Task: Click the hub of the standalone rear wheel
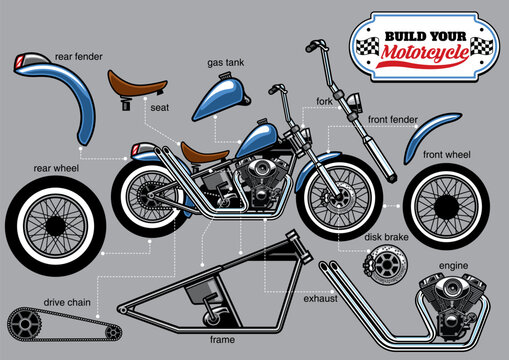(x=55, y=240)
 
